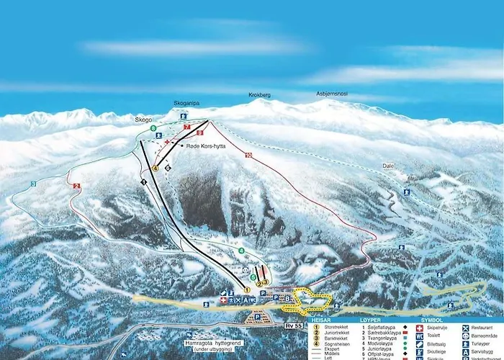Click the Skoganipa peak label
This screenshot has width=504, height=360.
(x=186, y=104)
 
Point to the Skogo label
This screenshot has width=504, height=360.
(x=143, y=120)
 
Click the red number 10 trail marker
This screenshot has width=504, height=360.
(x=248, y=155)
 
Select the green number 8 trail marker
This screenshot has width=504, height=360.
(x=153, y=128)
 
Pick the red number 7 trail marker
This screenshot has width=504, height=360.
(x=186, y=127)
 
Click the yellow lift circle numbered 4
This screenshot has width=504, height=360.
(x=155, y=168)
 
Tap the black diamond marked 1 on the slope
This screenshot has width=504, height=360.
(x=143, y=183)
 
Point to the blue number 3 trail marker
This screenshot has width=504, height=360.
(x=33, y=184)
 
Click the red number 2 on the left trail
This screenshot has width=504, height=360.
(x=76, y=186)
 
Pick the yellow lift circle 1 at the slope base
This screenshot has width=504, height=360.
(x=246, y=289)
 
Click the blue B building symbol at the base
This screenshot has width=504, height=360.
(x=288, y=297)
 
